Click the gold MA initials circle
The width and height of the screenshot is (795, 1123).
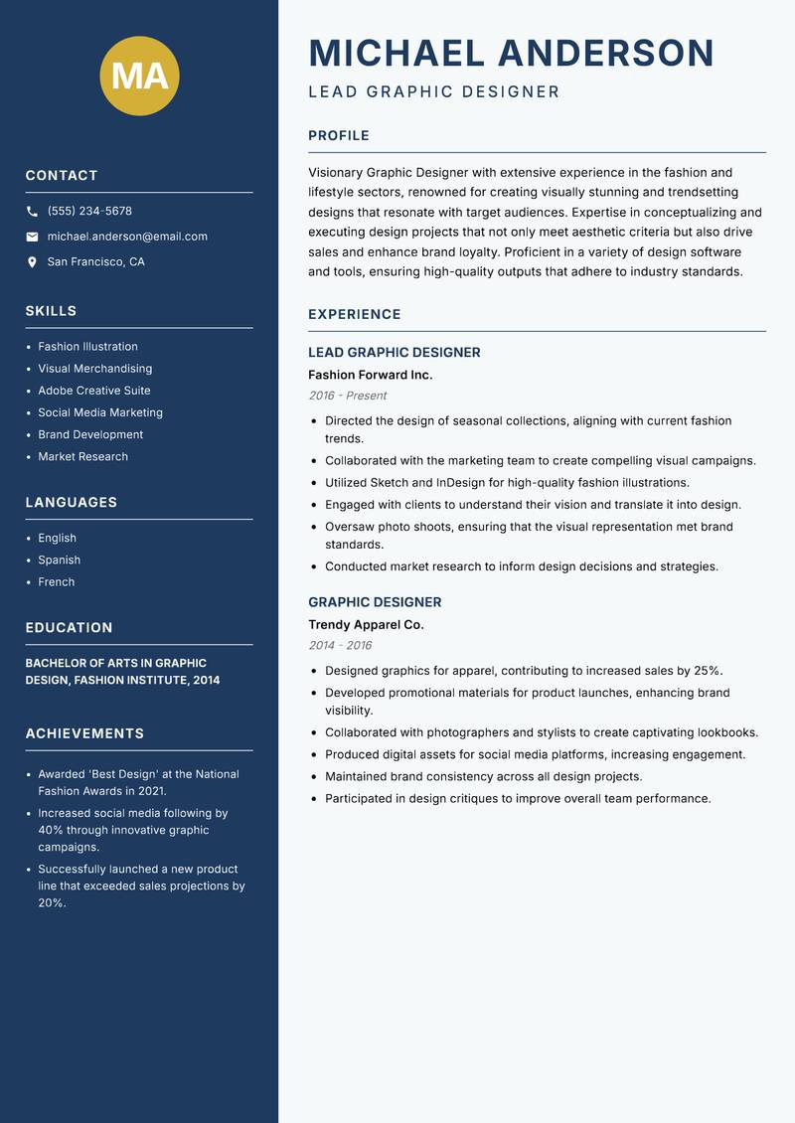pyautogui.click(x=139, y=76)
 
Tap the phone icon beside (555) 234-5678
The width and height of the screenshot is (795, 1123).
pyautogui.click(x=32, y=212)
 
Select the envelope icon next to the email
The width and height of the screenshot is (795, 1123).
pyautogui.click(x=32, y=237)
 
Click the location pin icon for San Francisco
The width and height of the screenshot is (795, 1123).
pyautogui.click(x=32, y=262)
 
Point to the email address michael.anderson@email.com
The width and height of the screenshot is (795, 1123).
pyautogui.click(x=127, y=237)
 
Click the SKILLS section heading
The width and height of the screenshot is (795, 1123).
pyautogui.click(x=51, y=311)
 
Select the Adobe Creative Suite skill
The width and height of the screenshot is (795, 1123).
pyautogui.click(x=94, y=391)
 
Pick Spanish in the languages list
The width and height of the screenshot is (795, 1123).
pyautogui.click(x=59, y=560)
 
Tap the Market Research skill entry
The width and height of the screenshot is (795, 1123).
pyautogui.click(x=82, y=456)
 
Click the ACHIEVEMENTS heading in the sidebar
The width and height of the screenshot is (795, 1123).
pyautogui.click(x=84, y=733)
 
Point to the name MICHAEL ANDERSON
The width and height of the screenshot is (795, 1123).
pyautogui.click(x=511, y=53)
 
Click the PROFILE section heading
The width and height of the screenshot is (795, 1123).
pyautogui.click(x=338, y=136)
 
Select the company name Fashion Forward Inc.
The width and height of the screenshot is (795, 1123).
pyautogui.click(x=370, y=375)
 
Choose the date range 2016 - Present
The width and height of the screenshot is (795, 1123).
pyautogui.click(x=347, y=396)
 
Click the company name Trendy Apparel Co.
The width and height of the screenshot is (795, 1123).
pyautogui.click(x=366, y=625)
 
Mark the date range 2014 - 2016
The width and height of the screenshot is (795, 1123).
pyautogui.click(x=340, y=645)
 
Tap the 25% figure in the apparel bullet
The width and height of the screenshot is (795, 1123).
pyautogui.click(x=708, y=671)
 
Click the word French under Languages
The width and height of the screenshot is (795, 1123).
pyautogui.click(x=56, y=581)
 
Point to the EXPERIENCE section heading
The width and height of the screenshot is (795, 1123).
pyautogui.click(x=354, y=314)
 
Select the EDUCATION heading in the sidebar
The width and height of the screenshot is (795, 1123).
pyautogui.click(x=69, y=628)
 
